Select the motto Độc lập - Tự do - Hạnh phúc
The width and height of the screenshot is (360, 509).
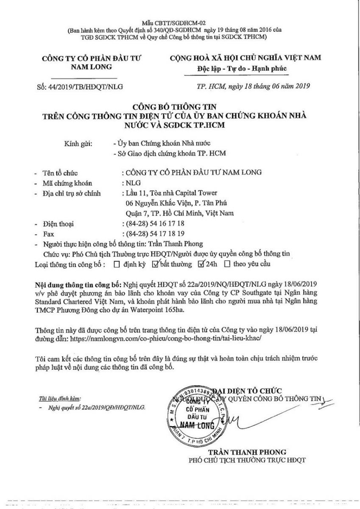[x=248, y=68]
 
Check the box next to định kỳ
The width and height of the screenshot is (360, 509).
[x=117, y=264]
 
